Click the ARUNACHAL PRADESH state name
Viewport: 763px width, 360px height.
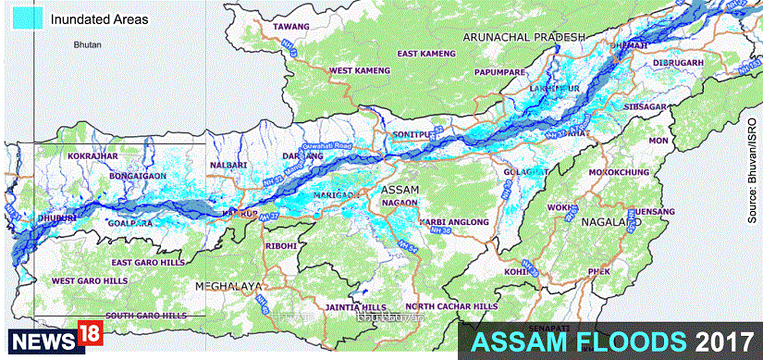tap(524, 36)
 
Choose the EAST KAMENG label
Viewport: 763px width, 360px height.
tap(426, 55)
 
